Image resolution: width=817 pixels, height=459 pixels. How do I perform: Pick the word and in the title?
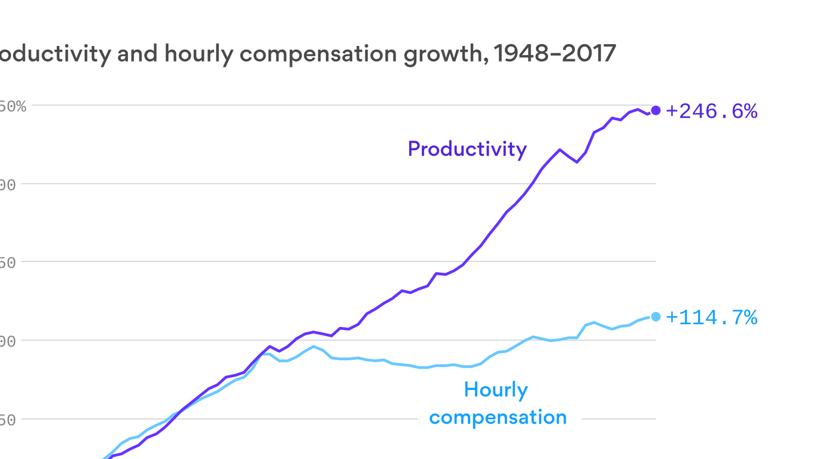[138, 54]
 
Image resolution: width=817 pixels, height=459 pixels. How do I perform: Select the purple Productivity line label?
[467, 149]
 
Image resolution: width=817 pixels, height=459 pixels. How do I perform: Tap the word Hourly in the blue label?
[496, 390]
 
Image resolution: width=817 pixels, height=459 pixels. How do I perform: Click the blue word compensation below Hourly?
[498, 417]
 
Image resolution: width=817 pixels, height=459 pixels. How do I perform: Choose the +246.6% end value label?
[711, 111]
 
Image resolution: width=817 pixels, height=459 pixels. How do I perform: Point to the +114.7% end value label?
[711, 317]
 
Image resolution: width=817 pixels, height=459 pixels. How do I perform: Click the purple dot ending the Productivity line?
[656, 110]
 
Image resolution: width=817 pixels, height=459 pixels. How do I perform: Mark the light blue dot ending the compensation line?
[656, 317]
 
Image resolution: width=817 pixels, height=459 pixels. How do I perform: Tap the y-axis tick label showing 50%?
[12, 106]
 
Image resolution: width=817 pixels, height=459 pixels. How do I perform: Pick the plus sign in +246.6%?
[672, 111]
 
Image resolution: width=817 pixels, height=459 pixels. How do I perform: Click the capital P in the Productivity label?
[414, 149]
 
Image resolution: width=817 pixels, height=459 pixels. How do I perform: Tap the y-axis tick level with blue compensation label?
[7, 420]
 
